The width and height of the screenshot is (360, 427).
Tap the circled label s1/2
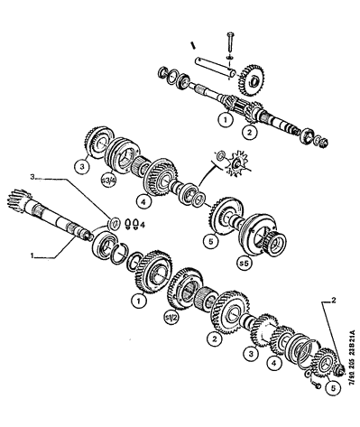click(169, 317)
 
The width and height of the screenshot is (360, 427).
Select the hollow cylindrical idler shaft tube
click(217, 65)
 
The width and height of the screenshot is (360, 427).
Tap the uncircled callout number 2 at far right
click(333, 297)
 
